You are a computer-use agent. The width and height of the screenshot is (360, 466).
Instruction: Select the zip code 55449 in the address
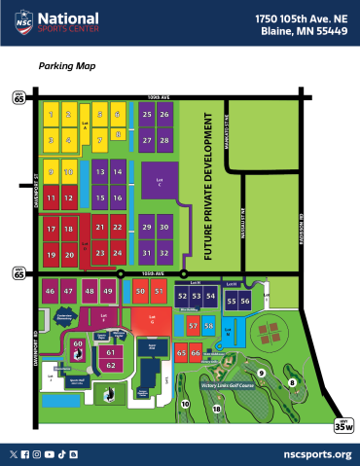(x=328, y=31)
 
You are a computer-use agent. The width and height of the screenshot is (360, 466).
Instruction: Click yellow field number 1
(x=50, y=115)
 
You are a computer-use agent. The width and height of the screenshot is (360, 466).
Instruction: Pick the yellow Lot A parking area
(x=85, y=125)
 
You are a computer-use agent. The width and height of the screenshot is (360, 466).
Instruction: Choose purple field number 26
(x=165, y=115)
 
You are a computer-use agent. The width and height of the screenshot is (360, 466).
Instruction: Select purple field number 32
(x=165, y=252)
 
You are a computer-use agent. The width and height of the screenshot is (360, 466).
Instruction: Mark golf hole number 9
(x=261, y=373)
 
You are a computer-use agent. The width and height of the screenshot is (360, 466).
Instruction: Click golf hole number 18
(x=217, y=410)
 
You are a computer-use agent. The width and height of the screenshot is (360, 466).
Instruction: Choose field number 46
(x=50, y=291)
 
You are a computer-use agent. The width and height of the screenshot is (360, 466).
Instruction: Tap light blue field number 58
(x=209, y=325)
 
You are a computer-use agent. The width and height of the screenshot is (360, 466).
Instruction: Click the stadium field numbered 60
(x=77, y=343)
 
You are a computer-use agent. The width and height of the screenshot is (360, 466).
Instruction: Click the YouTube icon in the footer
(x=60, y=453)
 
